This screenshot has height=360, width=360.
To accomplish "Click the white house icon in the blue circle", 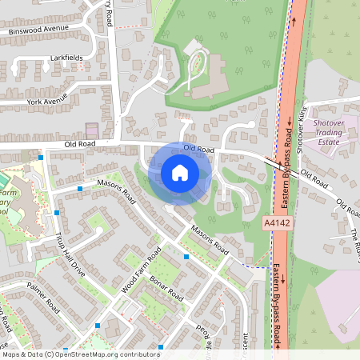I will (180, 173).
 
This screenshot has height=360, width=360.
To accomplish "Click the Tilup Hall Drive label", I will (70, 253).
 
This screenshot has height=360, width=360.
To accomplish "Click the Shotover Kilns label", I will (302, 128).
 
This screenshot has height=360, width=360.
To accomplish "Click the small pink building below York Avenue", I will (92, 129).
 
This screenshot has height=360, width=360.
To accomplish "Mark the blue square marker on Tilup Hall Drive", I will (58, 214).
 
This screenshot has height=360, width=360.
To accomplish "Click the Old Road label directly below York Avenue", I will (80, 144).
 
